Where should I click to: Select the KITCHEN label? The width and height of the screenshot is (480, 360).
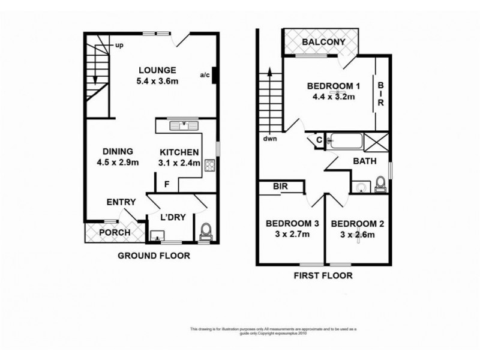(178, 151)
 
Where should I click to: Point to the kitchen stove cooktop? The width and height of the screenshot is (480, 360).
(209, 165)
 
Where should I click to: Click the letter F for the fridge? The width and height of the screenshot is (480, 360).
(167, 184)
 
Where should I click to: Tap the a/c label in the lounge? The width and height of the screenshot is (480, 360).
(205, 75)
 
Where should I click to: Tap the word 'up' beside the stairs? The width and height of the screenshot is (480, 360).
(119, 46)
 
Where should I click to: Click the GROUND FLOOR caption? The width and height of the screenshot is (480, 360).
(153, 256)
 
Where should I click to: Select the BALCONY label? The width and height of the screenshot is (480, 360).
(323, 42)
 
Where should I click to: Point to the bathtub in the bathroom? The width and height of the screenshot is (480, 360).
(347, 142)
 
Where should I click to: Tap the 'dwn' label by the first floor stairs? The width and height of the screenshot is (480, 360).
(269, 140)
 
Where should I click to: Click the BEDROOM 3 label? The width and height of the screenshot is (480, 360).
(292, 224)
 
